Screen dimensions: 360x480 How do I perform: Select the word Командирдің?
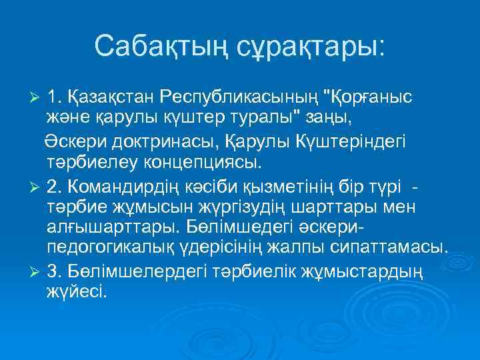click(x=137, y=184)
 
